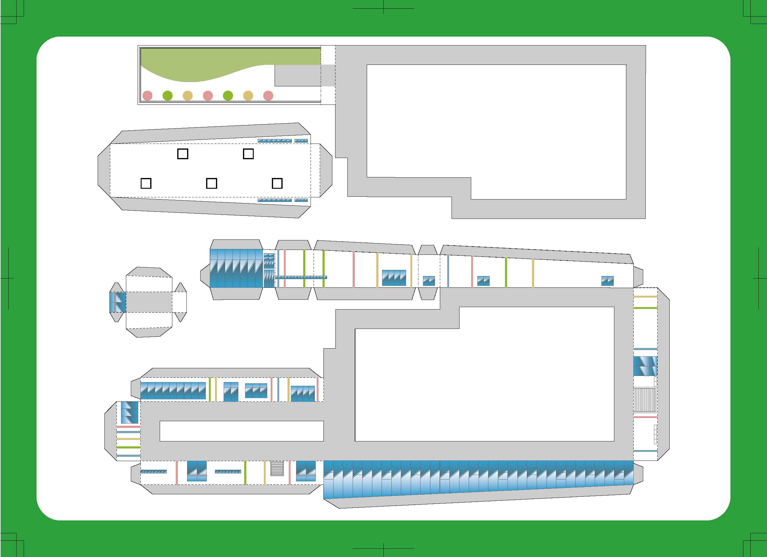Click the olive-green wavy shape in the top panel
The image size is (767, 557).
pyautogui.click(x=203, y=64)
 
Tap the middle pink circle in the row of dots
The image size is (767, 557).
pyautogui.click(x=208, y=96)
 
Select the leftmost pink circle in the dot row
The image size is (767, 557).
pyautogui.click(x=147, y=96)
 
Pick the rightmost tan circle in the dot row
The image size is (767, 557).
pyautogui.click(x=248, y=96)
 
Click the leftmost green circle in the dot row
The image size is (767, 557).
pyautogui.click(x=167, y=96)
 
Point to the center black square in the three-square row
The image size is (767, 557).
pyautogui.click(x=211, y=184)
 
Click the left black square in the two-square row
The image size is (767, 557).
pyautogui.click(x=183, y=154)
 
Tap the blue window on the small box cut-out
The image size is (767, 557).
pyautogui.click(x=118, y=302)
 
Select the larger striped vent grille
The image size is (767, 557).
pyautogui.click(x=644, y=400)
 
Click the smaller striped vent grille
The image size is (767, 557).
pyautogui.click(x=277, y=468)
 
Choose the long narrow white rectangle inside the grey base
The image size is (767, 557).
pyautogui.click(x=241, y=431)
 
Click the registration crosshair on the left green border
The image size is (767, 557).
pyautogui.click(x=9, y=278)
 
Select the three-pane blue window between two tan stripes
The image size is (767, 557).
pyautogui.click(x=394, y=278)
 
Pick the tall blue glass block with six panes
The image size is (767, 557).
pyautogui.click(x=236, y=268)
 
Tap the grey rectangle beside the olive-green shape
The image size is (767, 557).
pyautogui.click(x=298, y=75)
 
